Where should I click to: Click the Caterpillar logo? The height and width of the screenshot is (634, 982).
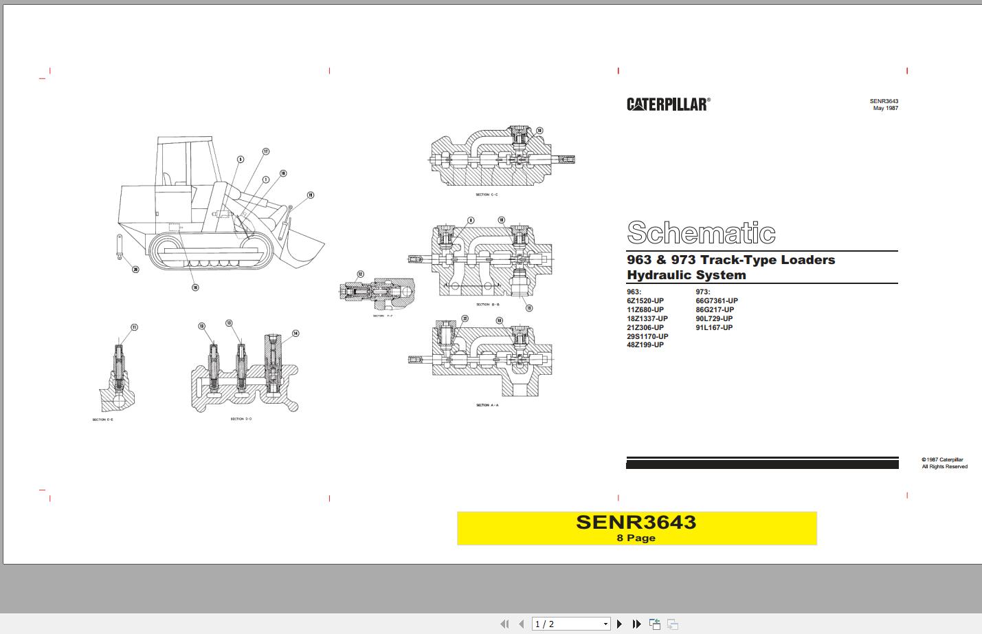[x=668, y=104]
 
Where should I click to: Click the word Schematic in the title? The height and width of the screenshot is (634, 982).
[x=701, y=233]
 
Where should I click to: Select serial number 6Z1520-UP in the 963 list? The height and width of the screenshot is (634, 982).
[x=645, y=300]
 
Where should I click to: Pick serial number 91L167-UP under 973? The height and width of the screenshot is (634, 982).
[x=714, y=327]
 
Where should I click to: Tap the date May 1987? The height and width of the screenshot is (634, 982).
[x=885, y=108]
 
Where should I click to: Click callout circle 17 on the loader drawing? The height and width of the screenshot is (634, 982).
[x=265, y=152]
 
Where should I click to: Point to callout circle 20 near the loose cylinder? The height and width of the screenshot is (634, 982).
[x=135, y=270]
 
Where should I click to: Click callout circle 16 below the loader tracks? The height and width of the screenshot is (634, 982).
[x=195, y=287]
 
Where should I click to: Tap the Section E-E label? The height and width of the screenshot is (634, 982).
[x=103, y=419]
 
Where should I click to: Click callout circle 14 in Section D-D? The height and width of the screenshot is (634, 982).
[x=295, y=334]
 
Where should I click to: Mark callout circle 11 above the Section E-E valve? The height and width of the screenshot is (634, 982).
[x=134, y=327]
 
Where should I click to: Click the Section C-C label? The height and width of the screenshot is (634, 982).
[x=487, y=195]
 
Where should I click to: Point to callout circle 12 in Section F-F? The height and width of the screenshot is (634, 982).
[x=360, y=274]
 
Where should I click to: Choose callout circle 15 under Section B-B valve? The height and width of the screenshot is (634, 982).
[x=529, y=308]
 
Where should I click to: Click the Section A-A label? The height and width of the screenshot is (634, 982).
[x=487, y=405]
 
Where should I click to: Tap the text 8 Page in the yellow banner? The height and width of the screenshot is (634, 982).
[x=636, y=538]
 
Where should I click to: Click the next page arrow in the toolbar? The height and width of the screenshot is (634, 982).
[x=619, y=624]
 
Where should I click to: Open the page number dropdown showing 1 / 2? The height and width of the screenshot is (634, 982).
[x=605, y=624]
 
